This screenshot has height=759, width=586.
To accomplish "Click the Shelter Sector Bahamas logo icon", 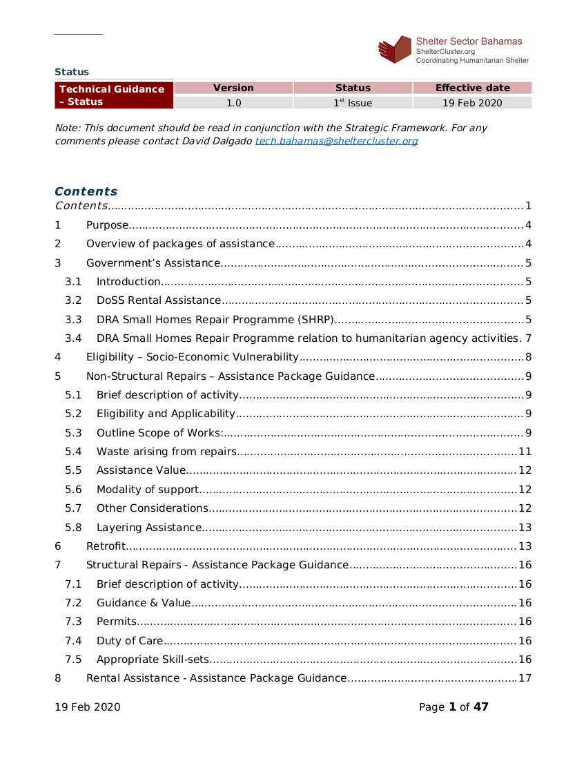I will pyautogui.click(x=395, y=49).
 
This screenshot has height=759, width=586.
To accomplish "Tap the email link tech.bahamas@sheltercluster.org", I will pyautogui.click(x=336, y=141).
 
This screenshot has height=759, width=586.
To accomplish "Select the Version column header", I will pyautogui.click(x=233, y=88).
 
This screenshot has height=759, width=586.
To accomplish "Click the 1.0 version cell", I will pyautogui.click(x=233, y=103).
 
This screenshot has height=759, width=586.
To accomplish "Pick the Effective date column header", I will pyautogui.click(x=472, y=88).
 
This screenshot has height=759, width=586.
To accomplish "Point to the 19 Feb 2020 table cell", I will pyautogui.click(x=472, y=103).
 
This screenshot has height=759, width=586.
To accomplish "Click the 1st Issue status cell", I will pyautogui.click(x=353, y=103).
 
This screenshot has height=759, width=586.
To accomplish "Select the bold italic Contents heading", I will pyautogui.click(x=86, y=191).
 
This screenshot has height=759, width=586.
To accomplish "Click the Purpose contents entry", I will pyautogui.click(x=107, y=225).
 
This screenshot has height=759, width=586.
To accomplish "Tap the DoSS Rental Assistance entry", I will pyautogui.click(x=159, y=300).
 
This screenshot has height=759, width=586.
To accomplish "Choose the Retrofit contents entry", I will pyautogui.click(x=105, y=546).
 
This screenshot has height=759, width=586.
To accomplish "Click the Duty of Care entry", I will pyautogui.click(x=130, y=640).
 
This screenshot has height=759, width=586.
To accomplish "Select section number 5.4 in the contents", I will pyautogui.click(x=73, y=452).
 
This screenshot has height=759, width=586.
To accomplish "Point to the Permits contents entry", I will pyautogui.click(x=116, y=622).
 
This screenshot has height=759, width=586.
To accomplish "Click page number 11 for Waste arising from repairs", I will pyautogui.click(x=525, y=452).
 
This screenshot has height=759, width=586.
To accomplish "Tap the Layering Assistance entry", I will pyautogui.click(x=148, y=528).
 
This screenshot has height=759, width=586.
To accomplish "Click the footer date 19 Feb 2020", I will pyautogui.click(x=87, y=707).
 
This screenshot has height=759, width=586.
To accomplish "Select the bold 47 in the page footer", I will pyautogui.click(x=480, y=707).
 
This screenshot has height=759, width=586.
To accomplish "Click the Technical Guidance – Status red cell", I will pyautogui.click(x=113, y=95).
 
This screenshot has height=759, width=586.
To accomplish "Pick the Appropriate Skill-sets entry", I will pyautogui.click(x=152, y=659).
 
